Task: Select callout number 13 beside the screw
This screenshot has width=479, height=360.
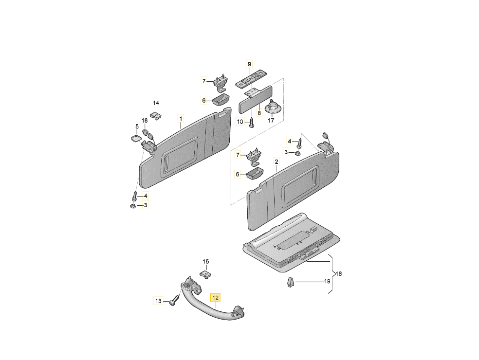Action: (x=158, y=301)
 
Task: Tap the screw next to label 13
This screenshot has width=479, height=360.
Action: (x=174, y=300)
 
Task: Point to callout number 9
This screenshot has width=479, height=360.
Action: (x=249, y=64)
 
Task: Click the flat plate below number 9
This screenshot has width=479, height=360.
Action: (x=251, y=79)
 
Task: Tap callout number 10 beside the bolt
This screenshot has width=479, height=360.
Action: (x=240, y=122)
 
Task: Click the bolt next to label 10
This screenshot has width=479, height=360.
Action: (x=251, y=123)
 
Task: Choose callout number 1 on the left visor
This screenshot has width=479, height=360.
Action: (x=181, y=119)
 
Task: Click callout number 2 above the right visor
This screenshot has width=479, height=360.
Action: (x=276, y=162)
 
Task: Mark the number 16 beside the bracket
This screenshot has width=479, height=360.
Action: (x=338, y=274)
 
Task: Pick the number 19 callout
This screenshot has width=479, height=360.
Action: (x=327, y=281)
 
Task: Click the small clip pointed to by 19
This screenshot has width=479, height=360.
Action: (x=290, y=282)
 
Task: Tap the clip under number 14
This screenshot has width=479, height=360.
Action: (x=157, y=116)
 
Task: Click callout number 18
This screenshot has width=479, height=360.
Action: (x=145, y=121)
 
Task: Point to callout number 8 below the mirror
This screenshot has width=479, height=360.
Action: (x=259, y=113)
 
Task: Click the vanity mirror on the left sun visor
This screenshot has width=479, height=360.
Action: (x=179, y=157)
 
